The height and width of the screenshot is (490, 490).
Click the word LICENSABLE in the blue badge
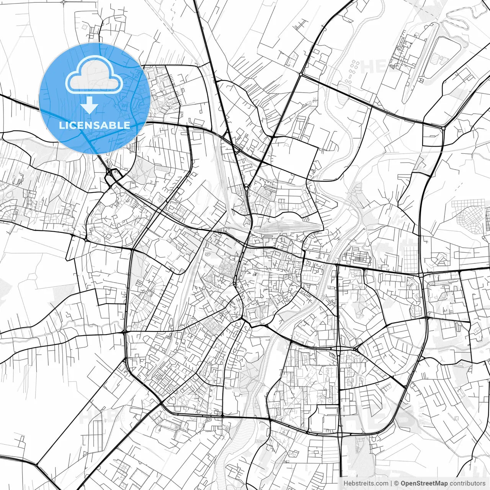95,125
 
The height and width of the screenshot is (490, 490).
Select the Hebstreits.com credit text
366,483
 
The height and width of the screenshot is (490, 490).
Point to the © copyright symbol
397,483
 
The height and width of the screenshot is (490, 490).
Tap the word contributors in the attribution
467,483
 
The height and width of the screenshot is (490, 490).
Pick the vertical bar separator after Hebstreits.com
391,483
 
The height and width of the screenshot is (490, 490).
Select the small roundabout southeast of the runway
443,127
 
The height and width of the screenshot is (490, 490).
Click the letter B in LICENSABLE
115,125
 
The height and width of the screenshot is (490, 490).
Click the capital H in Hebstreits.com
346,483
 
